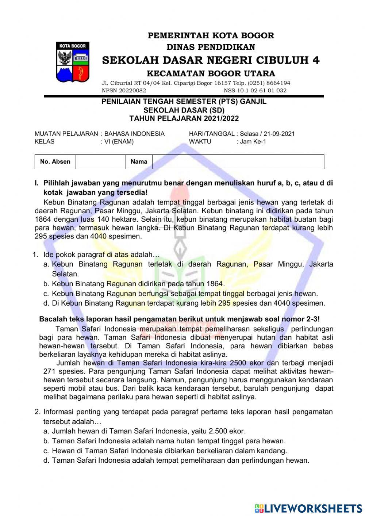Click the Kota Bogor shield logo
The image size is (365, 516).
(x=73, y=62)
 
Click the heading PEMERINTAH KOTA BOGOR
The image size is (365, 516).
(x=211, y=36)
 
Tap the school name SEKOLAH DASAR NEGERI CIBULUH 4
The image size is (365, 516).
(x=211, y=60)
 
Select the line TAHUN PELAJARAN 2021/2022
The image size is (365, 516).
(x=184, y=118)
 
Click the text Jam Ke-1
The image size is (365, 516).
(x=253, y=142)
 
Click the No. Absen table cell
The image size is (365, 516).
(x=55, y=162)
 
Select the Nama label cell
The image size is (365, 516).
(x=139, y=162)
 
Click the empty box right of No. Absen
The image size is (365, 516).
(x=100, y=162)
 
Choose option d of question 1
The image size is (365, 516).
(x=188, y=303)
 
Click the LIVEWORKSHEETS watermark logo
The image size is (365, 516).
(x=308, y=508)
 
